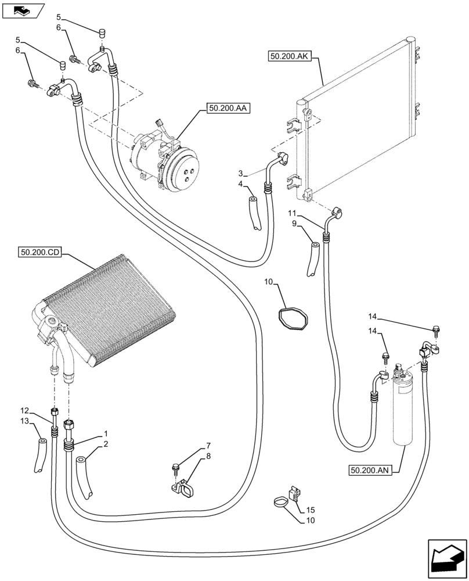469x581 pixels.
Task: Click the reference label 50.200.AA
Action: point(226,109)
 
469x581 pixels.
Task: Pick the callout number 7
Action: point(191,446)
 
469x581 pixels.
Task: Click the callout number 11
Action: point(293,213)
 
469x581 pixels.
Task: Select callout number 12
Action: point(24,410)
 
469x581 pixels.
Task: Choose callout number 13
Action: point(24,421)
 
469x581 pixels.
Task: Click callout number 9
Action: point(294,223)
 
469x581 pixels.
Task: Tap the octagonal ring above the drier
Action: point(291,320)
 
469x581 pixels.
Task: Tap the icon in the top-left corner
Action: point(23,10)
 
